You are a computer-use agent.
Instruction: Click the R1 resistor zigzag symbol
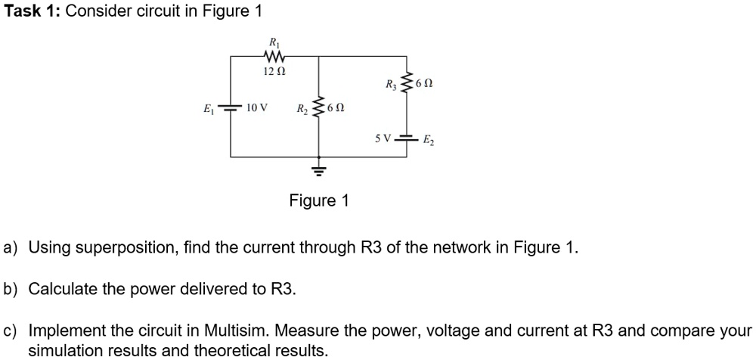click(273, 56)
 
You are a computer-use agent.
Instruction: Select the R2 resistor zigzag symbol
click(318, 107)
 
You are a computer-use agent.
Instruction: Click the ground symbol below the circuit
click(318, 169)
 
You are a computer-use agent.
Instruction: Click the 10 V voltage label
click(257, 107)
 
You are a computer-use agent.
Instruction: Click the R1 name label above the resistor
click(273, 42)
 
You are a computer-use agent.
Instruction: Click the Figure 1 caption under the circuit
click(318, 200)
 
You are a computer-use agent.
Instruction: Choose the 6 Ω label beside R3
click(426, 84)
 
